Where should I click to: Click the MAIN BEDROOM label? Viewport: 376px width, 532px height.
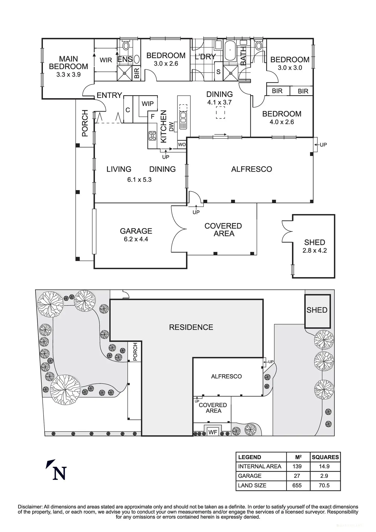[x=68, y=63]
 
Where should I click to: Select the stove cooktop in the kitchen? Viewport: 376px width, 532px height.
[x=152, y=136]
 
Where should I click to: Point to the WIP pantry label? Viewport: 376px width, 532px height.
[x=148, y=104]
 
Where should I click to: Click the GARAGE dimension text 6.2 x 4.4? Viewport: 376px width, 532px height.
[x=136, y=239]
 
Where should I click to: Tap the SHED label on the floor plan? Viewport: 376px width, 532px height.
[x=314, y=242]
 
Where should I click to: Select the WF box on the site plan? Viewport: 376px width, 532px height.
[x=213, y=432]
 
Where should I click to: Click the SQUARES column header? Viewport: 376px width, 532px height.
[x=325, y=457]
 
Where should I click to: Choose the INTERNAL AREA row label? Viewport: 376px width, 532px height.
[x=260, y=467]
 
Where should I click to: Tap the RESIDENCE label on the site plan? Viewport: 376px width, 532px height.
[x=191, y=327]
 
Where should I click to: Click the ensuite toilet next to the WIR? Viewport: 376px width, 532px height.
[x=126, y=46]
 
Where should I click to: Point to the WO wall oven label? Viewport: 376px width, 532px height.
[x=182, y=145]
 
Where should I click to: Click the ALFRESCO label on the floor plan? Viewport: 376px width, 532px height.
[x=252, y=169]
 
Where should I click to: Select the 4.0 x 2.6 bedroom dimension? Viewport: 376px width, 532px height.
[x=282, y=122]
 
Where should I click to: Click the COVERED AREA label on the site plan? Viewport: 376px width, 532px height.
[x=213, y=408]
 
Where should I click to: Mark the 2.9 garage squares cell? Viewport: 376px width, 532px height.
[x=324, y=476]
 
